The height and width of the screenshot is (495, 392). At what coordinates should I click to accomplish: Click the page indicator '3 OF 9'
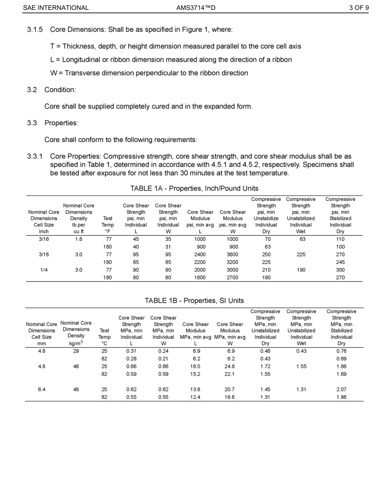click(359, 7)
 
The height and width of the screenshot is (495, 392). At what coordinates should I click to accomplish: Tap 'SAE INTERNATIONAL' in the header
click(56, 7)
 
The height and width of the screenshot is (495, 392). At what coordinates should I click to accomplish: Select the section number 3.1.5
click(35, 30)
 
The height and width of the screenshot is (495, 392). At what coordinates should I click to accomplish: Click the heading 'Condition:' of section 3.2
click(60, 90)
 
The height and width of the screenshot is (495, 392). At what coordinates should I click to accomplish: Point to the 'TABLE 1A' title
click(147, 189)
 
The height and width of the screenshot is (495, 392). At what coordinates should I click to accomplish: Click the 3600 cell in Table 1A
click(233, 255)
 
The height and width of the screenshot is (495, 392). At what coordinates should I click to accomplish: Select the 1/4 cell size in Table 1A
click(43, 270)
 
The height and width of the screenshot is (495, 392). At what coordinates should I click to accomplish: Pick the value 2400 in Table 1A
click(200, 255)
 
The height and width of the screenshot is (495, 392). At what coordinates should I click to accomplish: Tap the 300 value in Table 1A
click(340, 270)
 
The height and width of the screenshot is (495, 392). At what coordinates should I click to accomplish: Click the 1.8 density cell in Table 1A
click(78, 239)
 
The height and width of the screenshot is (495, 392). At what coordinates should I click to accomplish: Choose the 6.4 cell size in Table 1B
click(42, 389)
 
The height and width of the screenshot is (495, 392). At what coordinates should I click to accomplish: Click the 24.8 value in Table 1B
click(230, 366)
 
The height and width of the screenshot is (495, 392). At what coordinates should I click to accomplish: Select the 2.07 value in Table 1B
click(341, 389)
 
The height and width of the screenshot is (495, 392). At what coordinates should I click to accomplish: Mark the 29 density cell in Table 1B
click(76, 351)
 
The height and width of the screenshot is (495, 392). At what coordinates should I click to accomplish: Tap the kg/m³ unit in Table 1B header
click(76, 343)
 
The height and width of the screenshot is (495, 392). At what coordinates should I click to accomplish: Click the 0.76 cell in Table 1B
click(341, 351)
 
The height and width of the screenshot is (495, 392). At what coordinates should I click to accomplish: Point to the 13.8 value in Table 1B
click(196, 389)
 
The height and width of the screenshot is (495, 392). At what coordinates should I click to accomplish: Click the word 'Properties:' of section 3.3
click(61, 123)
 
